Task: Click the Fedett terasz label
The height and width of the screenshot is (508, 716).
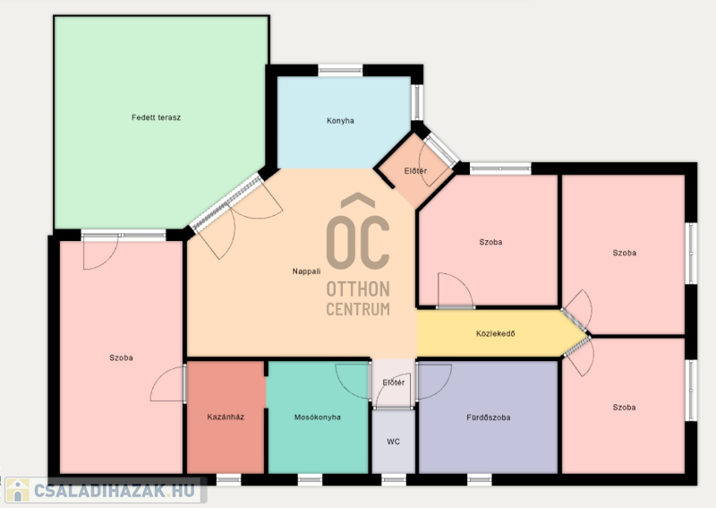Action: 156,117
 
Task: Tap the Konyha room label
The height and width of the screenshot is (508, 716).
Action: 340,121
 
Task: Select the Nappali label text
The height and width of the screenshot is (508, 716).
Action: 306,271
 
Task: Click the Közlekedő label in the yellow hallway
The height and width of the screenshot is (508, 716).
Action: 496,334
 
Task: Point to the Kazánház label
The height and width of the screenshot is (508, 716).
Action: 226,417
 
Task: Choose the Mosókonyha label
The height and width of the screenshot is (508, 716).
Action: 318,417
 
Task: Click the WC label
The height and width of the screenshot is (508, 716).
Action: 393,442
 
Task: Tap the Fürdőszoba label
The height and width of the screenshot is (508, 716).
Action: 488,418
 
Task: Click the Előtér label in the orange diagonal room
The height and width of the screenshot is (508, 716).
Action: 415,171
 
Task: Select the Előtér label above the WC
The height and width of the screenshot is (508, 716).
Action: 394,383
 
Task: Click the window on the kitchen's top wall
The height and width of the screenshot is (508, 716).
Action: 340,71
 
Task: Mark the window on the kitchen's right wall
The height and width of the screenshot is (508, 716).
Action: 417,102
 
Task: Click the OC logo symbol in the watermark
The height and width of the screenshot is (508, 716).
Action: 358,231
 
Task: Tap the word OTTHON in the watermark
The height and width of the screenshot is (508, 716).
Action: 358,289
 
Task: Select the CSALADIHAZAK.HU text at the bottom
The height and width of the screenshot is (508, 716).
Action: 115,491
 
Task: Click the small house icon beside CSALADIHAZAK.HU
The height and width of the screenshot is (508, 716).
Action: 17,491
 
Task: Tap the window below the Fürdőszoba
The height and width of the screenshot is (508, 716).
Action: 480,479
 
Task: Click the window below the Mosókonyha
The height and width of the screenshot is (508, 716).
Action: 310,479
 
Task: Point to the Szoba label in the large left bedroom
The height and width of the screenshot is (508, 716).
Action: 121,358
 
